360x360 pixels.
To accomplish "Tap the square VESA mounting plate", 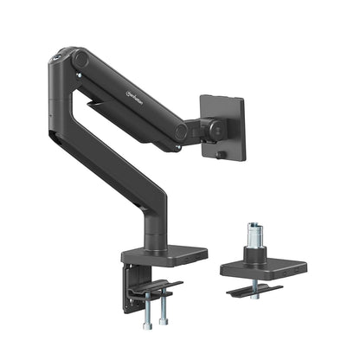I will pyautogui.click(x=223, y=128).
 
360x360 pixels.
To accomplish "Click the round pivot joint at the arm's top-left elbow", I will pyautogui.click(x=80, y=60).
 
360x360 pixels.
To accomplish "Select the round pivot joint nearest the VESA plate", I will pyautogui.click(x=182, y=132).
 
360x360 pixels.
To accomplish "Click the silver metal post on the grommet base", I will pyautogui.click(x=254, y=236).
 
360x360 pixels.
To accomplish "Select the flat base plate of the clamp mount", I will pyautogui.click(x=164, y=255).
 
